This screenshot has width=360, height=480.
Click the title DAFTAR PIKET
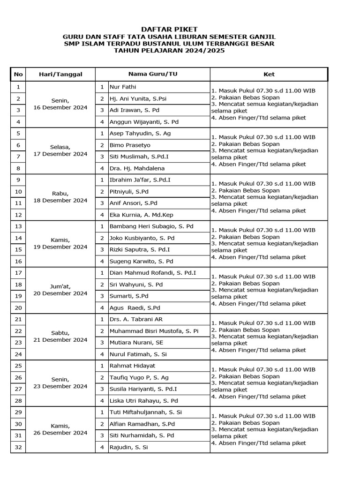[x=169, y=29]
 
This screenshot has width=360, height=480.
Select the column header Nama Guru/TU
[x=153, y=74]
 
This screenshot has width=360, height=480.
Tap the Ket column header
[x=269, y=74]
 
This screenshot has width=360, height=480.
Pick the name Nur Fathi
[x=123, y=87]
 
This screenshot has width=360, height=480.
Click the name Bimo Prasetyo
[x=130, y=145]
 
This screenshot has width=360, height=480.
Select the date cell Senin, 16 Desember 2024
[x=60, y=104]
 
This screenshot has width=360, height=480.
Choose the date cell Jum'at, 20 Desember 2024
[x=60, y=290]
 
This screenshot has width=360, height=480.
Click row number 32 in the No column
[x=18, y=447]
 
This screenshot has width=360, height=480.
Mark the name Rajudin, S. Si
[x=128, y=447]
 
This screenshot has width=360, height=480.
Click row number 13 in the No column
[x=18, y=226]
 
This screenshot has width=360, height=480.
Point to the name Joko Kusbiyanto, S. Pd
[x=142, y=238]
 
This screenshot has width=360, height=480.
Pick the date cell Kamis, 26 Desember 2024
[x=60, y=429]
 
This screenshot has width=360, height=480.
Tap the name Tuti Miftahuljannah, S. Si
[x=145, y=412]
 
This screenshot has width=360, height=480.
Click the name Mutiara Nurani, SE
[x=136, y=343]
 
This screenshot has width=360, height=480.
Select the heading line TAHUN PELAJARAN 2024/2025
[x=169, y=50]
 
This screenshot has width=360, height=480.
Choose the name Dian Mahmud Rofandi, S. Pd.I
[x=153, y=273]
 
